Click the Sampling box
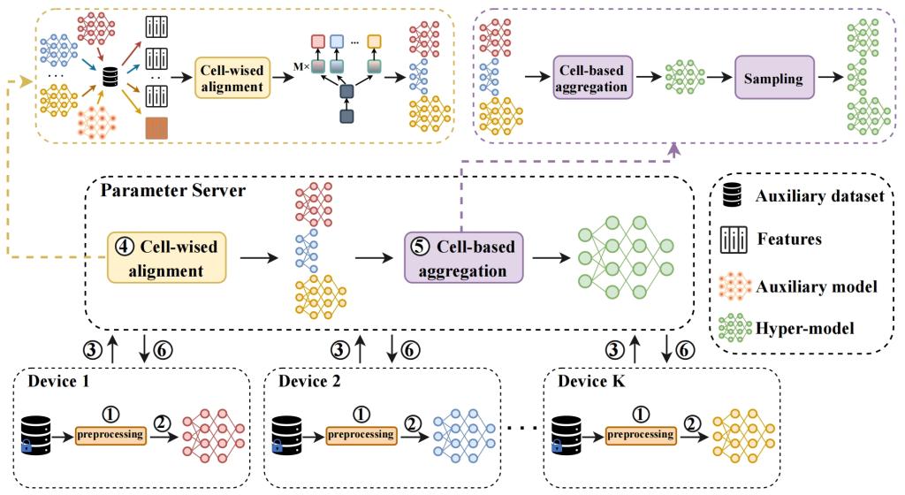[773, 79]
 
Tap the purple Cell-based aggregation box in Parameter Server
[463, 256]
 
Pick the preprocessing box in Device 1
[110, 435]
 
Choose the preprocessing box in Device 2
[361, 435]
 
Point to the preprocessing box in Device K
[640, 435]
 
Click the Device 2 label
[308, 382]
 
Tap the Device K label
[588, 382]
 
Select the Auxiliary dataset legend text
[819, 196]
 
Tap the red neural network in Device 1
[210, 435]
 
